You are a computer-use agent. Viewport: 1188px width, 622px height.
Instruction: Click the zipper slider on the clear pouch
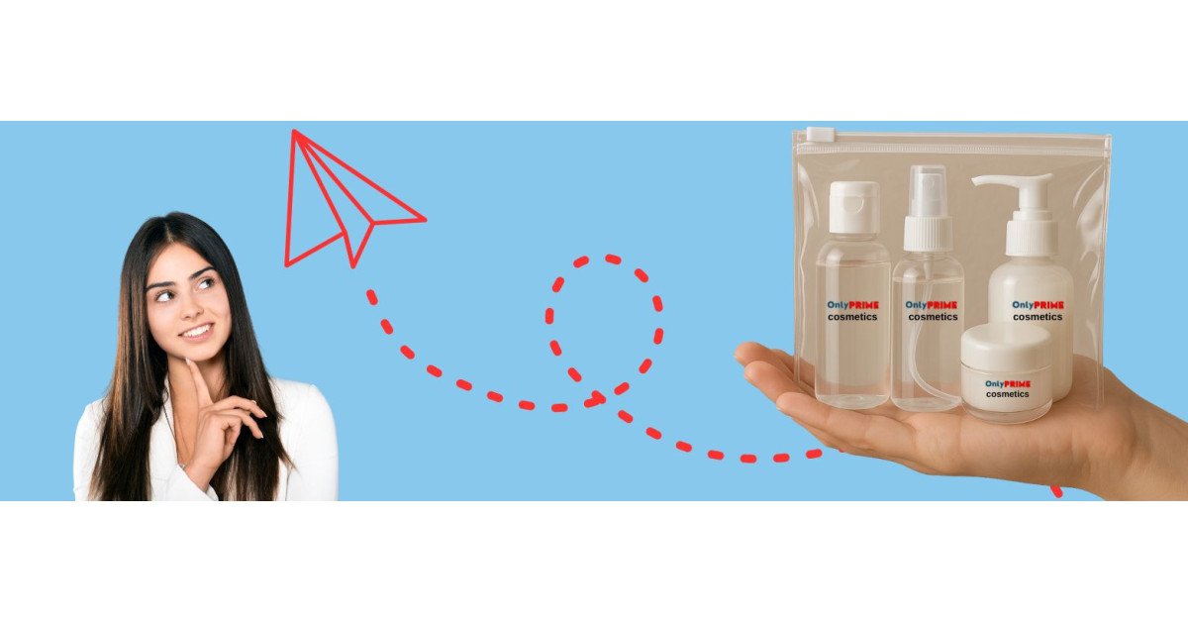(x=816, y=134)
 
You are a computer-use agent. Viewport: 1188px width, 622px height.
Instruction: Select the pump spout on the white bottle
(x=1005, y=181)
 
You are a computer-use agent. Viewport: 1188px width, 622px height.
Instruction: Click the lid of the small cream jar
(x=1006, y=347)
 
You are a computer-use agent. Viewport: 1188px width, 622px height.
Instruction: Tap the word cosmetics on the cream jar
(x=1007, y=394)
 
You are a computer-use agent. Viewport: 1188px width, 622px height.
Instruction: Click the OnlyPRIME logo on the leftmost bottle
(x=852, y=305)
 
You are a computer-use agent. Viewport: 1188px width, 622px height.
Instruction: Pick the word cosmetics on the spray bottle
(x=933, y=317)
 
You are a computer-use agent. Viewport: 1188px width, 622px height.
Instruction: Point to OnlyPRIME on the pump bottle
(x=1038, y=305)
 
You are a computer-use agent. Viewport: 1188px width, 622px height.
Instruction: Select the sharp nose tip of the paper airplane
(x=425, y=219)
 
